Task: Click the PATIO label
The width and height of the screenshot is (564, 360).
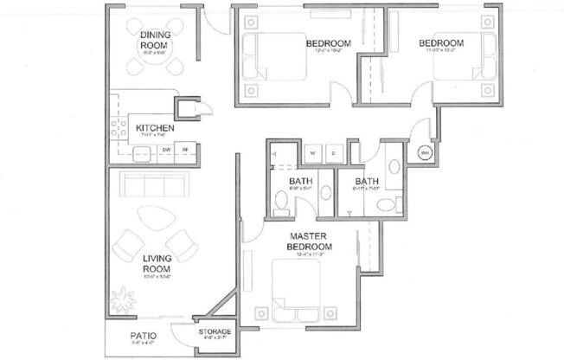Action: click(139, 333)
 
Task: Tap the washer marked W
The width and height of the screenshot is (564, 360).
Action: click(310, 153)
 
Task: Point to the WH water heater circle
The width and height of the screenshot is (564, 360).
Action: click(425, 153)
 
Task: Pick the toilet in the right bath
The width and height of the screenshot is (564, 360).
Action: click(394, 168)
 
